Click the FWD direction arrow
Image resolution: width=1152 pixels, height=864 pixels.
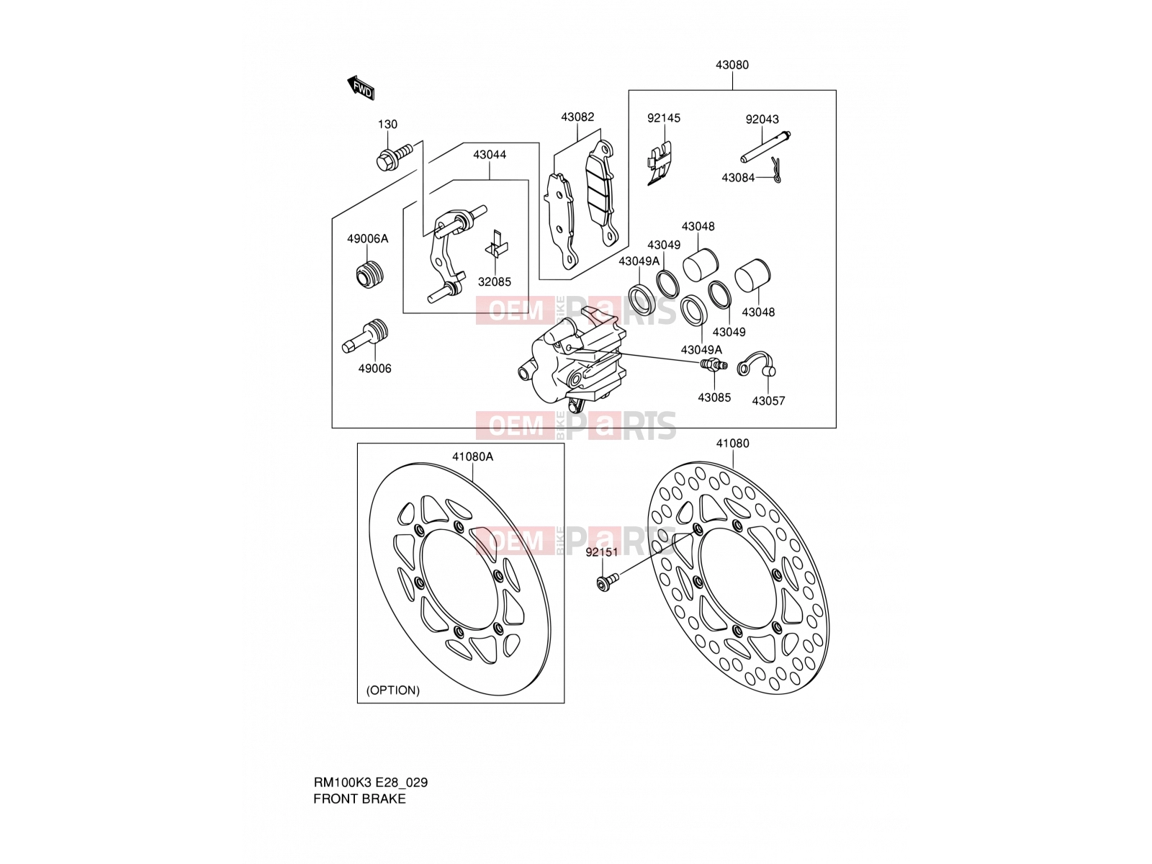tap(361, 88)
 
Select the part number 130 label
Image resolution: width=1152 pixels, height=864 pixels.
tap(387, 125)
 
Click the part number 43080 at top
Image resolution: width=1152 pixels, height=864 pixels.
tap(732, 65)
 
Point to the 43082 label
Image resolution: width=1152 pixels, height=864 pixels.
tap(577, 117)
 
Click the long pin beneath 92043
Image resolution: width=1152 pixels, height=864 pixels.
tap(765, 148)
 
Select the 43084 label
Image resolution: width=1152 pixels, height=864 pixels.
tap(738, 178)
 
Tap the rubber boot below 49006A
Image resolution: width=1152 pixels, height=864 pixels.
tap(369, 274)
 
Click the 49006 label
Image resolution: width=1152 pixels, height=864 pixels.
tap(374, 369)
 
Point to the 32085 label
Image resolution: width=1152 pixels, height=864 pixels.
tap(494, 282)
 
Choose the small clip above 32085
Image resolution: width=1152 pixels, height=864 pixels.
tap(496, 245)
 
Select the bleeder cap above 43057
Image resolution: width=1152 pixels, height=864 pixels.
tap(756, 363)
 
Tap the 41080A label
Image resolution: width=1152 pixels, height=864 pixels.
tap(472, 457)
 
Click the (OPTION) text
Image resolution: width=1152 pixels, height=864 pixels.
tap(392, 690)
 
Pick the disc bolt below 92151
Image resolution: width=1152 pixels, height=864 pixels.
tap(608, 582)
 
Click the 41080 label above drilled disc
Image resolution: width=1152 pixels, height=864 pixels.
tap(732, 444)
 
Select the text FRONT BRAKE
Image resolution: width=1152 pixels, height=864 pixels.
tap(359, 799)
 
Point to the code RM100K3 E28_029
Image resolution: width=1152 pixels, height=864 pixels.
tap(371, 783)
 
